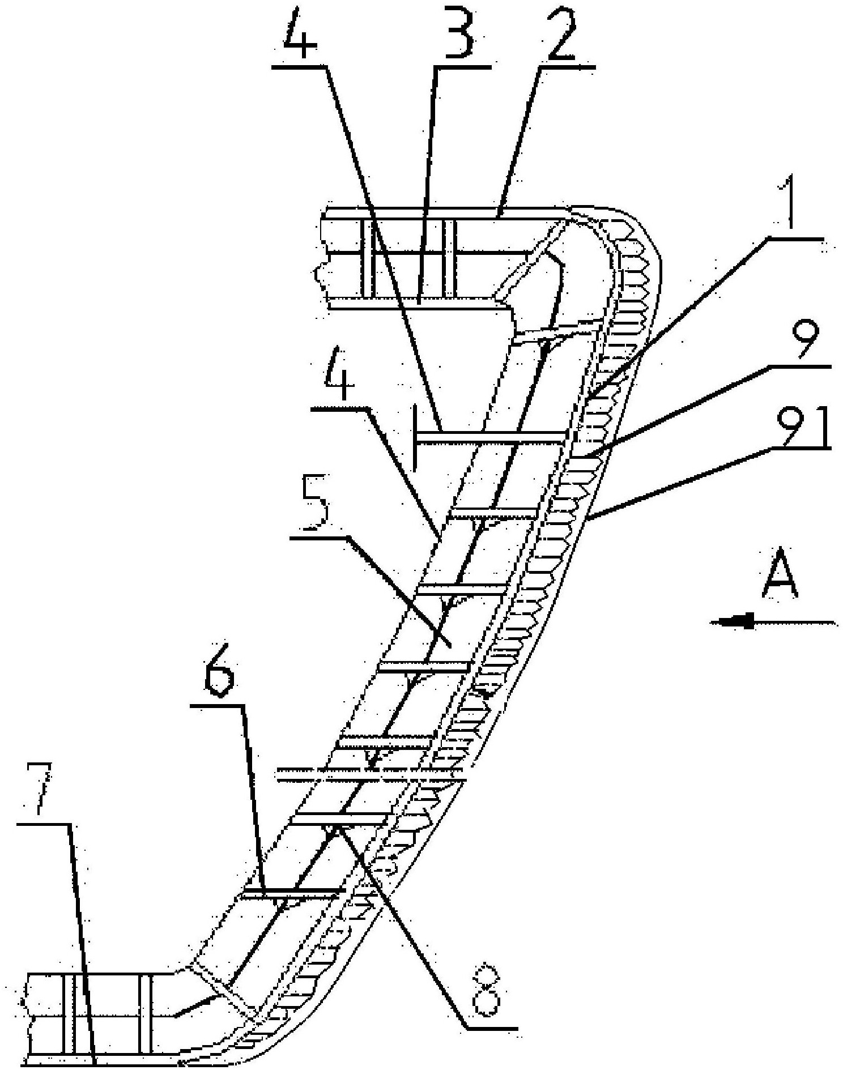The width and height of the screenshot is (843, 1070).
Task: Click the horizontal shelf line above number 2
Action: click(x=567, y=67)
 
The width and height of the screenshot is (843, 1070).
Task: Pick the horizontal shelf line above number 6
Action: click(x=218, y=706)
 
